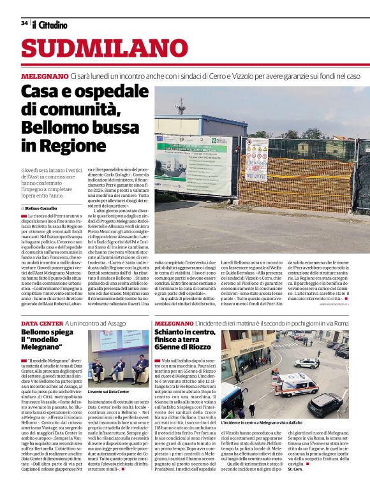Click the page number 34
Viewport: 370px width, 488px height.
click(25, 23)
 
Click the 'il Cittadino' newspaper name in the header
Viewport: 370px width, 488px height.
click(50, 24)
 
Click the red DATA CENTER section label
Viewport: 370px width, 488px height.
click(41, 323)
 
